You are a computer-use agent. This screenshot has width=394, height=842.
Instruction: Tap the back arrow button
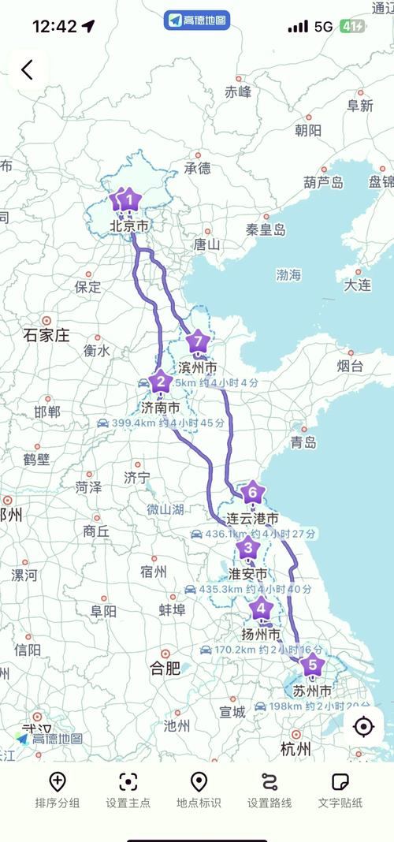[28, 70]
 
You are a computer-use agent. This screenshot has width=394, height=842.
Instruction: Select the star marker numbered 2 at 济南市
[161, 382]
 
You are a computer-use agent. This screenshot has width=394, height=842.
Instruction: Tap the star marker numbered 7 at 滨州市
[198, 343]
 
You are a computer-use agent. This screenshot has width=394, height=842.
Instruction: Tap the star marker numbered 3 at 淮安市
[248, 548]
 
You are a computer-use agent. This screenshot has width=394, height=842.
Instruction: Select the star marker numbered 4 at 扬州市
[261, 609]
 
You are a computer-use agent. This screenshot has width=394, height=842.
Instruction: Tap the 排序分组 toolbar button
[58, 789]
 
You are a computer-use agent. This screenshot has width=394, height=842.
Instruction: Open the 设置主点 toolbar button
[128, 789]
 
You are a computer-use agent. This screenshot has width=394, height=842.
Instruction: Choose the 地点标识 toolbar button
[199, 789]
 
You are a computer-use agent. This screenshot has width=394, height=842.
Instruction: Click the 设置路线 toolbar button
[269, 789]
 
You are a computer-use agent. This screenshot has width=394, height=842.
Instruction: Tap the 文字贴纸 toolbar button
[340, 789]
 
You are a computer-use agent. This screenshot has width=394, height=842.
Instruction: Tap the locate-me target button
[363, 726]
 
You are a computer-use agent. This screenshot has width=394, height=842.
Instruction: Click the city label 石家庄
[46, 335]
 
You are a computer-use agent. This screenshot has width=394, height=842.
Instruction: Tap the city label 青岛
[303, 441]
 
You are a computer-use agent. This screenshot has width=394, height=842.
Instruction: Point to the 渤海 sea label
[288, 274]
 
